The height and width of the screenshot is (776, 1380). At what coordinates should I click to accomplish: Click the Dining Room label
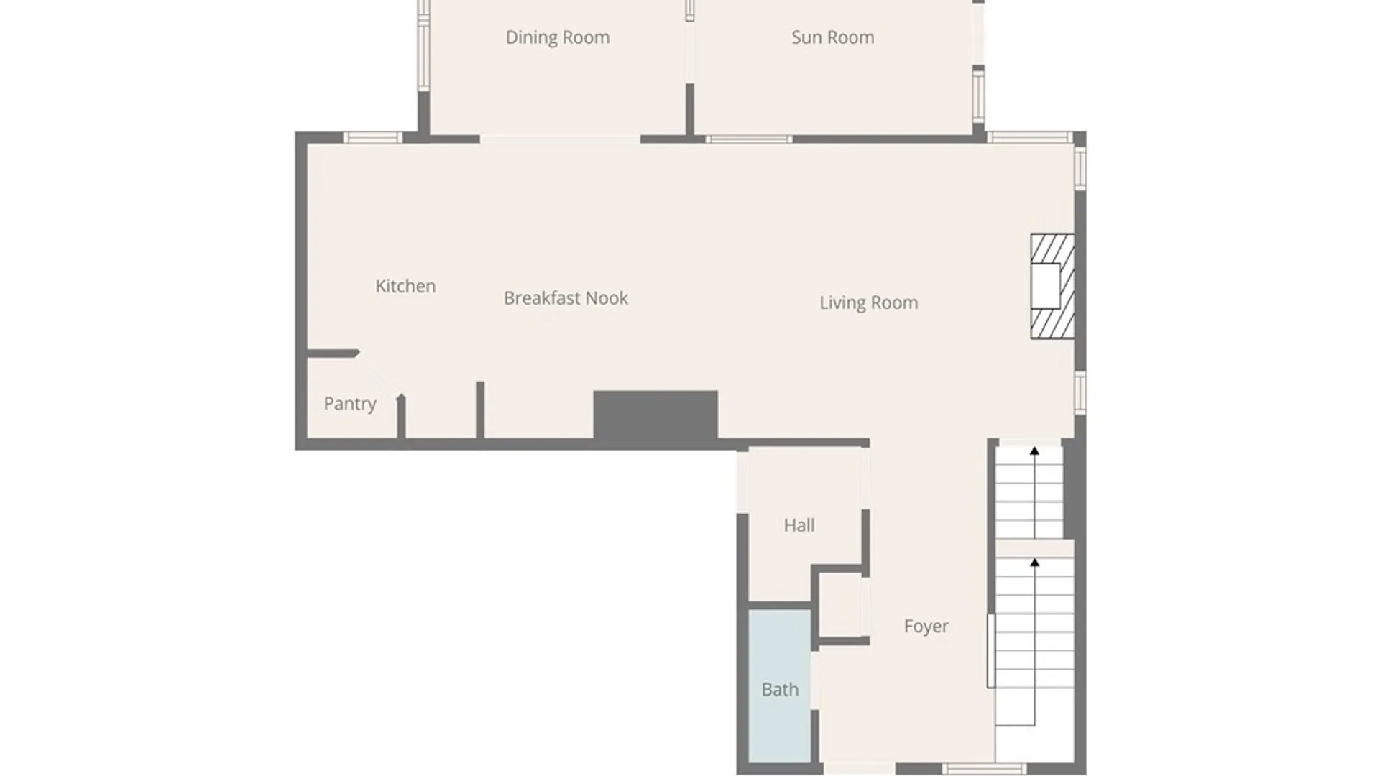click(558, 37)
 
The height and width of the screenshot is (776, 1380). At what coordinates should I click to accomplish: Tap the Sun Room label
click(833, 37)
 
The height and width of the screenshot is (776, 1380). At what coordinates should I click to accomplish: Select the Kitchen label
click(405, 286)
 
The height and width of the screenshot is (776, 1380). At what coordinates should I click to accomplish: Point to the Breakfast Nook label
click(566, 298)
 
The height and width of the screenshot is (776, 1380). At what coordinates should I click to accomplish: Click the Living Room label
click(869, 302)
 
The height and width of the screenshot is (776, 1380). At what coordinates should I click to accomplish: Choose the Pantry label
click(350, 404)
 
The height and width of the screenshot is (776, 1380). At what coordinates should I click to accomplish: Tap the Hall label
click(799, 525)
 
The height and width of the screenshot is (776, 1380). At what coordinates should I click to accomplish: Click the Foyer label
click(926, 627)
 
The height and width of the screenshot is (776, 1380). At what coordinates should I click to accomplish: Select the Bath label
click(780, 690)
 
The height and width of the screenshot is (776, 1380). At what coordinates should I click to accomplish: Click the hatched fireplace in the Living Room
click(1052, 286)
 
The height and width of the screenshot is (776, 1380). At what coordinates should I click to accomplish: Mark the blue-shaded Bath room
click(780, 685)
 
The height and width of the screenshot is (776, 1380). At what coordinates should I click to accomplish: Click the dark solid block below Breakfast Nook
click(655, 415)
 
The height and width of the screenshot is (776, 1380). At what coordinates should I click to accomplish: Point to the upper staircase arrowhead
click(1034, 451)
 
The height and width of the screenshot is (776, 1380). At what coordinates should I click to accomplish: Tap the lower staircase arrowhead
click(1034, 563)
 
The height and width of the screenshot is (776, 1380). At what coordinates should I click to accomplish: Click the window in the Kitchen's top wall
click(372, 138)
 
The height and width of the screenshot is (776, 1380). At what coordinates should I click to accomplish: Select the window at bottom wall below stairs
click(984, 769)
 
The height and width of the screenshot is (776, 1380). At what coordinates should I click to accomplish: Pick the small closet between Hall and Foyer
click(841, 605)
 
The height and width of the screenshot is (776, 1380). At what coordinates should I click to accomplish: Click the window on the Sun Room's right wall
click(978, 93)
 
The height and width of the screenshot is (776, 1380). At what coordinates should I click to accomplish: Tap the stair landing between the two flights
click(1034, 548)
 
